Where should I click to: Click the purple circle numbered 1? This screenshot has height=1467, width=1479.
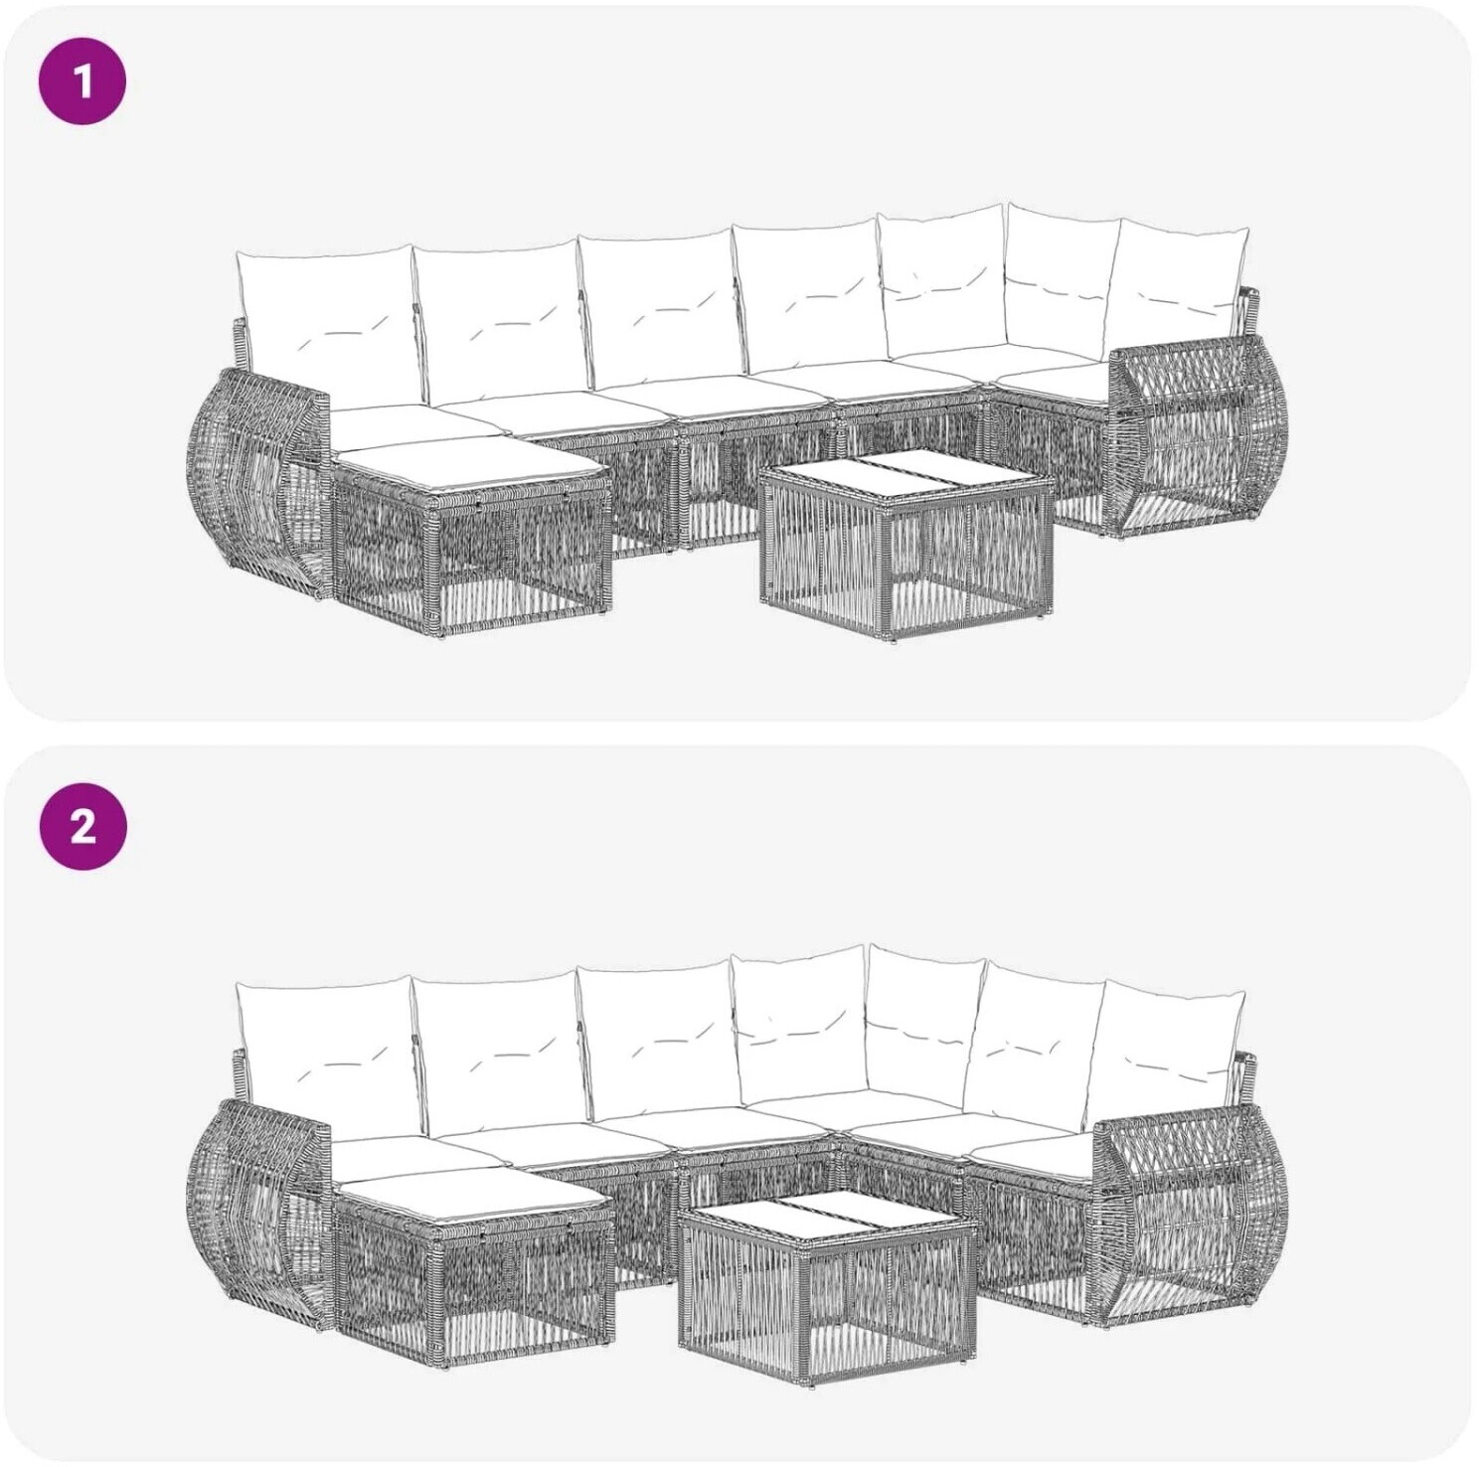[82, 81]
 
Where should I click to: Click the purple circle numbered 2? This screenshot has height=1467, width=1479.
[82, 825]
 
